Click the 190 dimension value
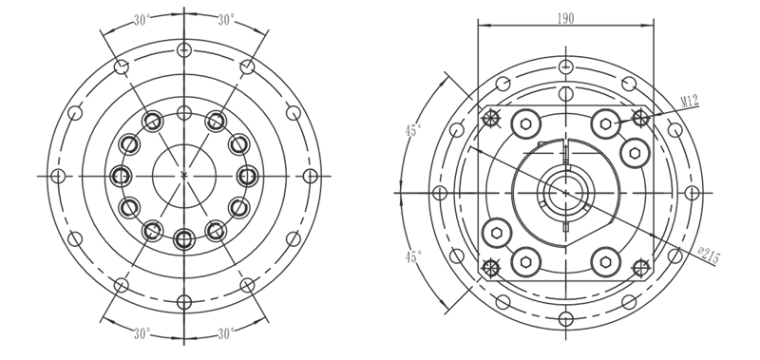coord(565,18)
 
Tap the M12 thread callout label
coord(690,102)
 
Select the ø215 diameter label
coord(709,256)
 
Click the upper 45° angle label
coord(413,130)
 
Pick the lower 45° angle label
coord(413,256)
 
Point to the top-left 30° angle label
coord(142,20)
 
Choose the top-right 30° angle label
coord(226,20)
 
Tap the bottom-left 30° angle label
coord(142,333)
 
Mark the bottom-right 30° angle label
coord(226,333)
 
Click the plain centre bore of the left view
coord(184,176)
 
